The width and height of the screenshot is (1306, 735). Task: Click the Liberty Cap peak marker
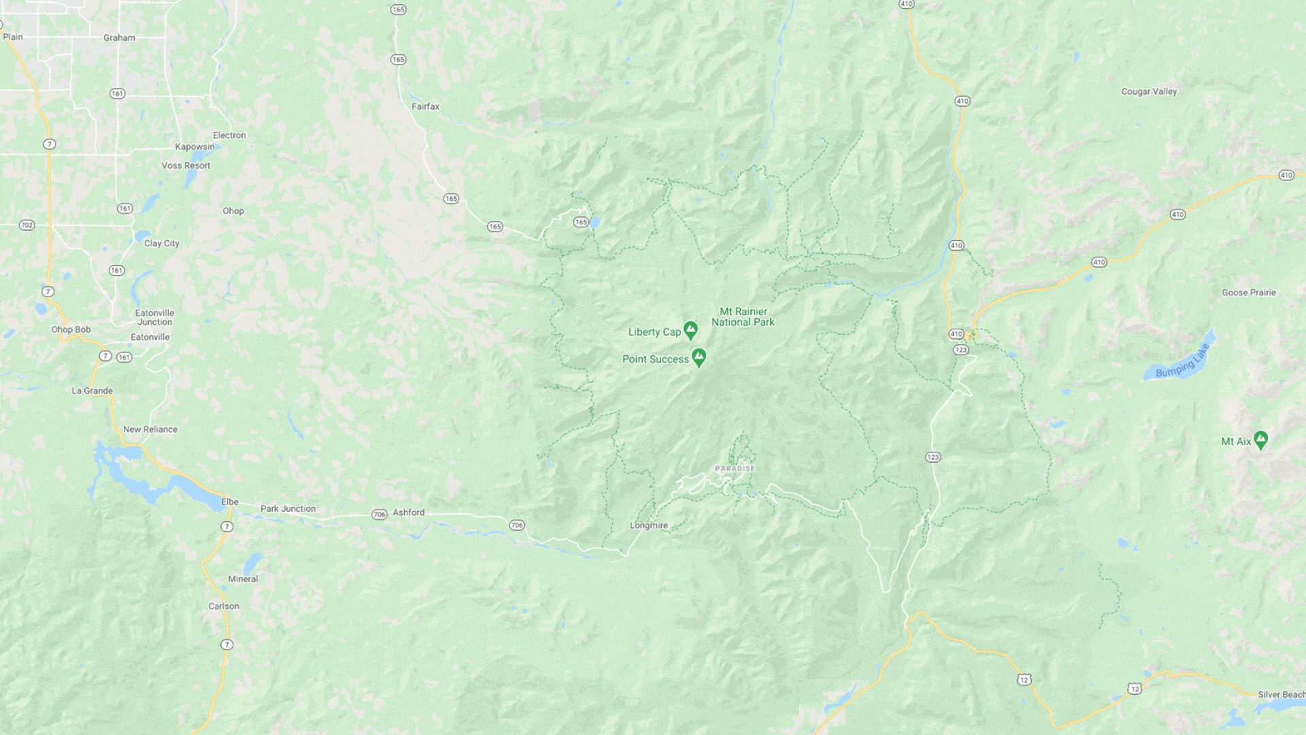click(x=690, y=330)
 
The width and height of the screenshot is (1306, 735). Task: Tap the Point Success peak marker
click(x=699, y=357)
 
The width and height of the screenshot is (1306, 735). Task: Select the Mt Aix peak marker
click(x=1260, y=440)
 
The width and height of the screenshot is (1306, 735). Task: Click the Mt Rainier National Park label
click(x=743, y=317)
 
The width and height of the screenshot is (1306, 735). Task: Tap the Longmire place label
click(x=648, y=525)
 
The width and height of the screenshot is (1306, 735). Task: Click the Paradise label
click(x=735, y=468)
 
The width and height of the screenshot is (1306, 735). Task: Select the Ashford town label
click(x=408, y=512)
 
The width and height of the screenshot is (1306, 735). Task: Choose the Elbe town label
click(x=230, y=502)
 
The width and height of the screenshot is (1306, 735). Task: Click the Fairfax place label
click(x=425, y=107)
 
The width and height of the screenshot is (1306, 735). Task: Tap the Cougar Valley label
click(x=1149, y=91)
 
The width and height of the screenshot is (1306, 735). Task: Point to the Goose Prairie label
click(x=1248, y=293)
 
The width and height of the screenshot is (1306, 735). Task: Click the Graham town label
click(x=119, y=38)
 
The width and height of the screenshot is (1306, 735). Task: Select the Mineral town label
click(x=243, y=579)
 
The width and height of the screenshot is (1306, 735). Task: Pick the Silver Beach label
click(x=1281, y=695)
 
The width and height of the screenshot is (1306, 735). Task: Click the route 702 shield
click(x=27, y=225)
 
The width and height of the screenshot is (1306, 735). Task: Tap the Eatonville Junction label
click(x=154, y=317)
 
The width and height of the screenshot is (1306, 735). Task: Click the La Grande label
click(x=93, y=391)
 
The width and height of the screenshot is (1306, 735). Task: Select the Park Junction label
click(x=288, y=508)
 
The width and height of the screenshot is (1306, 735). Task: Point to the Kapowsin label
click(x=195, y=147)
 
